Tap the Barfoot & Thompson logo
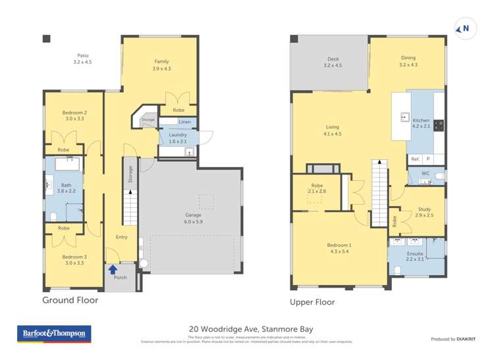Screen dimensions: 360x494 (x=53, y=334)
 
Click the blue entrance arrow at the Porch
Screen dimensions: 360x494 (x=113, y=269)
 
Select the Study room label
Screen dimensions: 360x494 (x=424, y=212)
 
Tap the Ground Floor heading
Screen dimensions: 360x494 (x=70, y=300)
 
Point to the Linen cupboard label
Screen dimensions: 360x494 (x=185, y=122)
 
